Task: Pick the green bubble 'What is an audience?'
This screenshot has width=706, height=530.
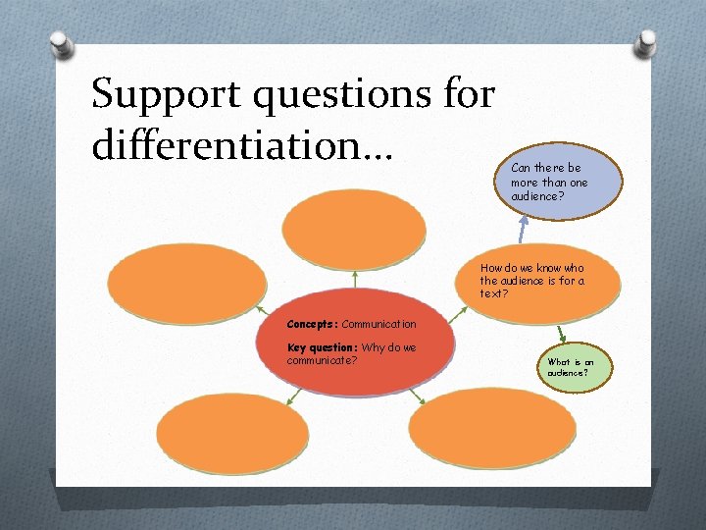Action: click(577, 368)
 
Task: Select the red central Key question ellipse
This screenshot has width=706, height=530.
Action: click(355, 348)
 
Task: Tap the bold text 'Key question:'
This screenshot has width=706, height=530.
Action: click(322, 347)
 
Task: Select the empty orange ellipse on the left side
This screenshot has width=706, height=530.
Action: click(186, 277)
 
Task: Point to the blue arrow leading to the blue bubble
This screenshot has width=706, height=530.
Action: click(524, 230)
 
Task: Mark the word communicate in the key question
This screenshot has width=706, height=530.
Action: click(322, 360)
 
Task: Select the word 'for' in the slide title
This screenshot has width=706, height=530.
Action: click(468, 96)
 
